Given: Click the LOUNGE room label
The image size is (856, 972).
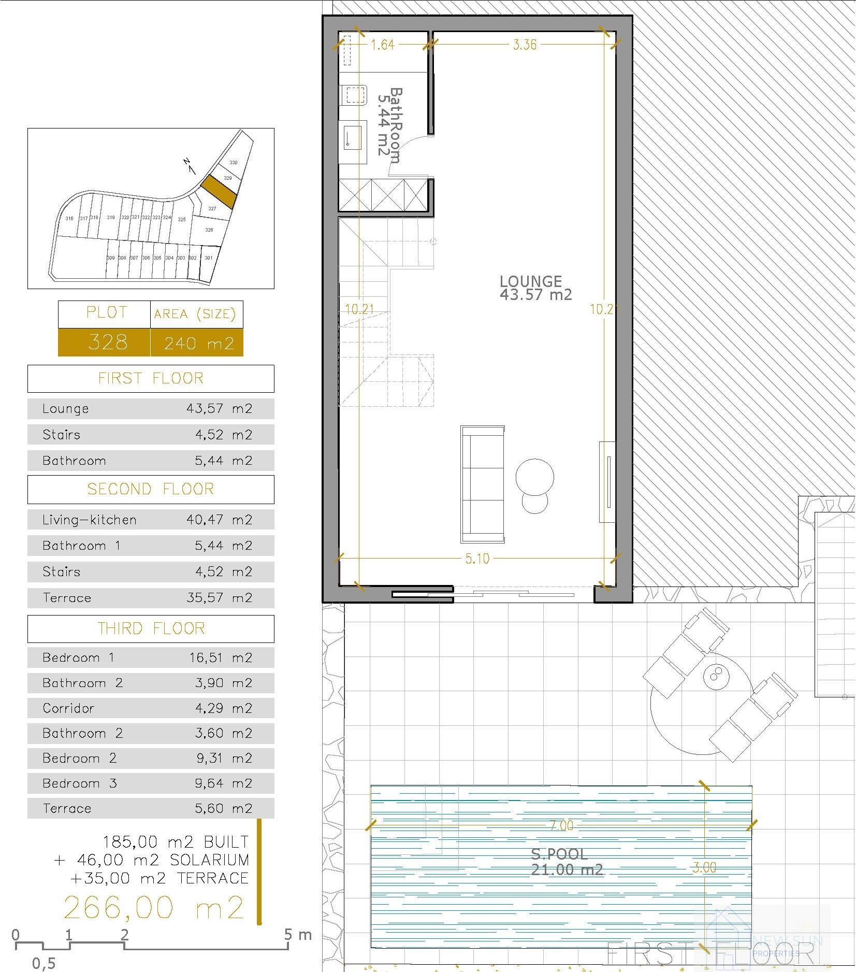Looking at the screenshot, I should point(531,281).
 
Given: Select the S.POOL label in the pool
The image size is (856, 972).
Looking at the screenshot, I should point(559,854).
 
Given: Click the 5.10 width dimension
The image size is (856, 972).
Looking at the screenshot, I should point(477,559).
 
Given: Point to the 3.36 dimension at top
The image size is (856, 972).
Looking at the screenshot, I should point(525,45).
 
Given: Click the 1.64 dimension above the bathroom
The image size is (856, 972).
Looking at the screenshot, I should point(383,45).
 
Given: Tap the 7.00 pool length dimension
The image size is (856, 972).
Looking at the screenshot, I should point(561,825).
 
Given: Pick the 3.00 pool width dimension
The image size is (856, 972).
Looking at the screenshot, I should point(704,867).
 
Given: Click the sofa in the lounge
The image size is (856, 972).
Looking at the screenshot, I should point(483,484).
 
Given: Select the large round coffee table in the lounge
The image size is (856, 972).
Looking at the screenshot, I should point(535,477).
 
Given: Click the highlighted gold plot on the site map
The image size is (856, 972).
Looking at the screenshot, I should point(219,192).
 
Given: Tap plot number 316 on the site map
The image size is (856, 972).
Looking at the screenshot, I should point(69,219).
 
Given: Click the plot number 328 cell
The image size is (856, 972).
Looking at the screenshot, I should point(108,342).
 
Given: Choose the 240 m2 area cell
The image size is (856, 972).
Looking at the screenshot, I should point(199,343).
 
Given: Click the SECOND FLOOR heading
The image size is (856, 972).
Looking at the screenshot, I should point(150,489).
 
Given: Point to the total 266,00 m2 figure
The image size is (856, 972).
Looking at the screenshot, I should point(153,907).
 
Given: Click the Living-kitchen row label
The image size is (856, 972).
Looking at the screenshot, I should point(90,520).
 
